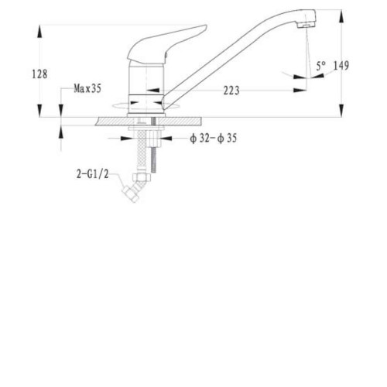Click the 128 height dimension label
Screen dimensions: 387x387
coord(39,74)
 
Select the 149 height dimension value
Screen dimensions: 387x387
coord(341,66)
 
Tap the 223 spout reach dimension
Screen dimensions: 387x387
coord(231,91)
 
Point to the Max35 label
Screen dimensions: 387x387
coord(87,88)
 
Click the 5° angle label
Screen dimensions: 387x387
coord(321,66)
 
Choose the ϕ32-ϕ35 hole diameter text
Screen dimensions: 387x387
coord(213,139)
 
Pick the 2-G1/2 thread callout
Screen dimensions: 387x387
coord(92,174)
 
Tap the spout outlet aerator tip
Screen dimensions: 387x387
coord(306,25)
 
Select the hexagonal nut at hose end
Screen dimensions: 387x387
coord(140,177)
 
